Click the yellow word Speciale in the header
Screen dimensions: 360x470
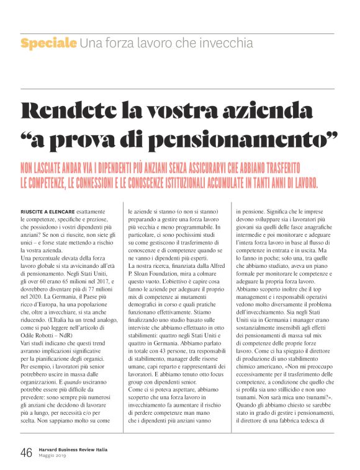[48, 43]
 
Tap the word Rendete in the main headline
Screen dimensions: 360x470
[78, 112]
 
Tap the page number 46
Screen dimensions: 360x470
[26, 451]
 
